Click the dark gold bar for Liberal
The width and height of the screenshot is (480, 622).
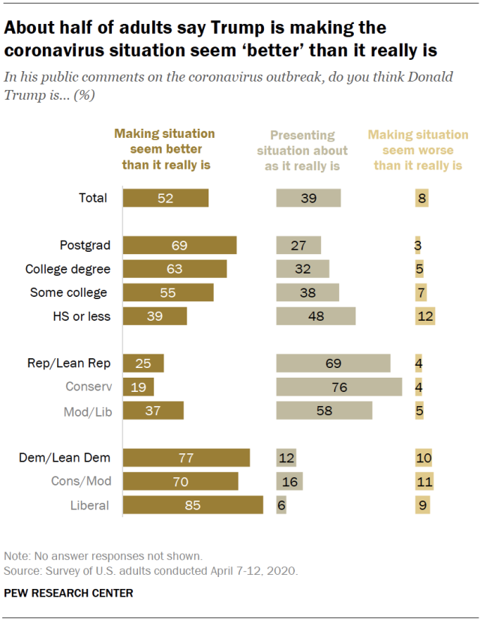tap(193, 505)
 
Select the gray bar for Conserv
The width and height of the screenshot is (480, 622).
tap(339, 387)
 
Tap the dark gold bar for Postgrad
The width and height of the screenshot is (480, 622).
tap(179, 245)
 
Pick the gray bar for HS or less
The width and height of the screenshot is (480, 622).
tap(316, 316)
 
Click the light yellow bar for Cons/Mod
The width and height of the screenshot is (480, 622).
tap(424, 481)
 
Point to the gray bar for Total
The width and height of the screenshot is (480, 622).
tap(308, 198)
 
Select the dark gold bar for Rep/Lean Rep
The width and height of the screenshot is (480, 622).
tap(142, 363)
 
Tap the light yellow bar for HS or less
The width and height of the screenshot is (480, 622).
tap(424, 316)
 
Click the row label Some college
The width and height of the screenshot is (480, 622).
tap(68, 292)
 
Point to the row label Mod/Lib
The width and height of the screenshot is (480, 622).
tap(86, 411)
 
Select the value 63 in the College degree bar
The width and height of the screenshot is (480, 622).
tap(174, 269)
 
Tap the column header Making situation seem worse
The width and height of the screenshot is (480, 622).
tap(418, 150)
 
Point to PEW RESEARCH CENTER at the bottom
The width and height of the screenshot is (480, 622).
tap(68, 593)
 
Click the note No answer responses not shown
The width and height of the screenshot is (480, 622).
tap(103, 556)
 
